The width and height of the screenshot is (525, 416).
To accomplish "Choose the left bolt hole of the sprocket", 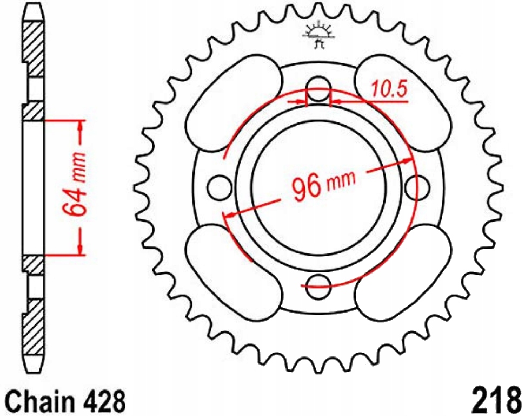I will tap(219, 188).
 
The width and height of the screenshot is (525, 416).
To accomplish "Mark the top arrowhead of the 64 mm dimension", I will tap(81, 126).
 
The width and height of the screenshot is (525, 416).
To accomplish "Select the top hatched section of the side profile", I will tap(33, 49).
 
